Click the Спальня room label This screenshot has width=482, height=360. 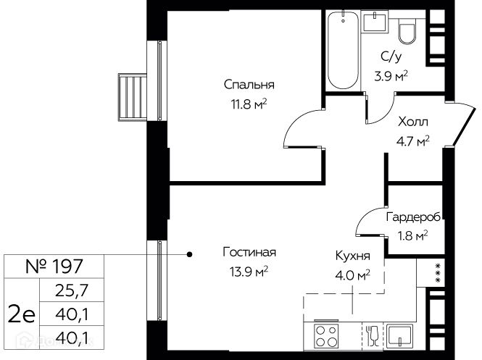249,85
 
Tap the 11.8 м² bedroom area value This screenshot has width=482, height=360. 249,104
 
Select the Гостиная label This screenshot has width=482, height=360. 249,252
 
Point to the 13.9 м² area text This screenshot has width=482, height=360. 249,272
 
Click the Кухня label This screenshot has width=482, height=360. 352,256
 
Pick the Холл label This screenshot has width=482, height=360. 413,122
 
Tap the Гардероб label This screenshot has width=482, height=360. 413,217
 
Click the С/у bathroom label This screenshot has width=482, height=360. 391,56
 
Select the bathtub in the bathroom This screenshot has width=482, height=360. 343,50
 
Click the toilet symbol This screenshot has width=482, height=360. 407,30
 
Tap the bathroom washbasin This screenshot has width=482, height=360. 374,21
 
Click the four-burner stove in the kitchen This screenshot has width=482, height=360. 326,336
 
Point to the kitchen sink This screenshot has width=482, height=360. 399,336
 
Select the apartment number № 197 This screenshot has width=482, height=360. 54,267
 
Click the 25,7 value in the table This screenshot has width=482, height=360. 72,290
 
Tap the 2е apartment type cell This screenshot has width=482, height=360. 22,314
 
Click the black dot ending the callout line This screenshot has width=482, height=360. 190,254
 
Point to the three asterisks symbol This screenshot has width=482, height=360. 439,273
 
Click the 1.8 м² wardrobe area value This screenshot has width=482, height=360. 413,236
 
